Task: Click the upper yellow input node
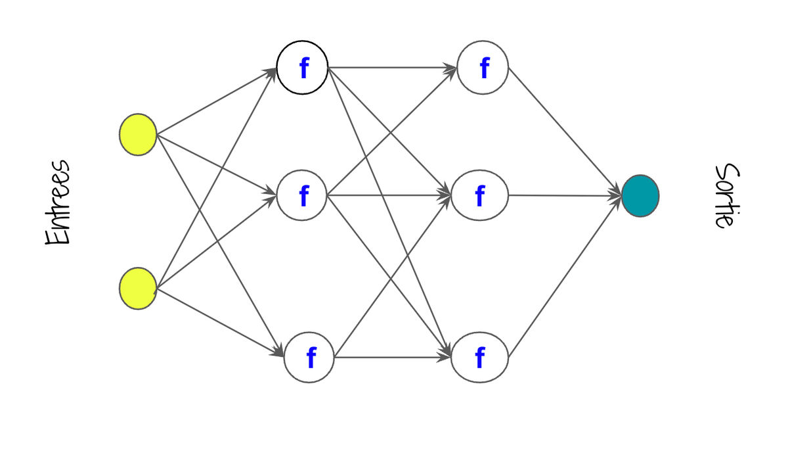[138, 135]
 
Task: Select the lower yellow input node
[138, 289]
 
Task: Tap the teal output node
[640, 196]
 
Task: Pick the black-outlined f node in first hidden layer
[302, 68]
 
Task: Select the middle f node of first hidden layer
[302, 195]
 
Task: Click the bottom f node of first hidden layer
[309, 357]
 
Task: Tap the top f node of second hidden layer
[483, 68]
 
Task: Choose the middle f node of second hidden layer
[480, 195]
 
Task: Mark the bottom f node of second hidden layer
[480, 357]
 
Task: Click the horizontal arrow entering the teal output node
[565, 195]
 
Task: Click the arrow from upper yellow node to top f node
[217, 101]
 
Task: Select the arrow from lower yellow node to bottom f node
[220, 323]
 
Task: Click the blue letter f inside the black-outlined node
[303, 68]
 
